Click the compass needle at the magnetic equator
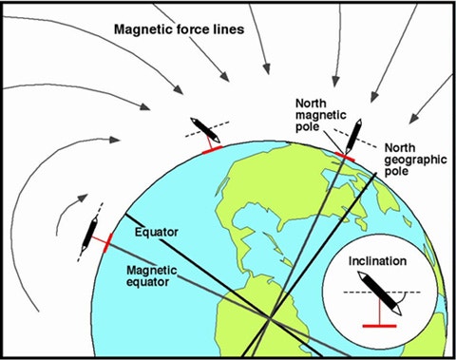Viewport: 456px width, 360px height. [91, 231]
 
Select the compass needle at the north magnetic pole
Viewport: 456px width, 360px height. [351, 133]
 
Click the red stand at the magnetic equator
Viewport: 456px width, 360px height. [106, 243]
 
